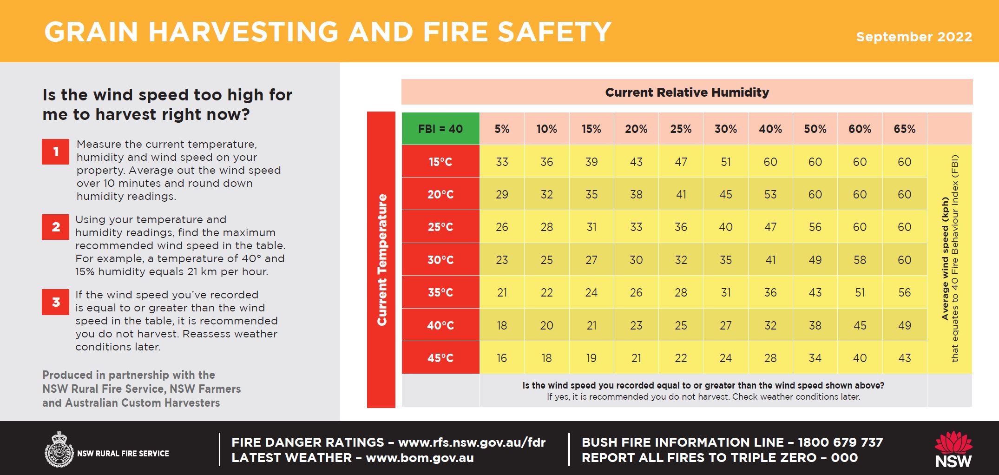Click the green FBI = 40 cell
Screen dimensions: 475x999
(x=440, y=129)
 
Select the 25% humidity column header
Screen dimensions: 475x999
(x=681, y=129)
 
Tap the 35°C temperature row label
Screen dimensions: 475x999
(x=440, y=292)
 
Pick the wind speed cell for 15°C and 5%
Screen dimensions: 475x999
(x=502, y=162)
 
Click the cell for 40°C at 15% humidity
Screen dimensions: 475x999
(x=591, y=325)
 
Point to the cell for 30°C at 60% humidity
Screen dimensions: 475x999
(x=860, y=260)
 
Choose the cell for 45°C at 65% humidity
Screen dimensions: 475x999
(x=904, y=358)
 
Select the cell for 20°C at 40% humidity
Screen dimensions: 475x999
(x=770, y=194)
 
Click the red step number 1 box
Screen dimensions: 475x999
(x=55, y=152)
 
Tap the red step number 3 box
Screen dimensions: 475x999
(x=55, y=302)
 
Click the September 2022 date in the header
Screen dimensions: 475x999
(x=914, y=37)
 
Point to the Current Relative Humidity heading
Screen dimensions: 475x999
(x=687, y=92)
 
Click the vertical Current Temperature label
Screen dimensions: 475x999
(x=381, y=259)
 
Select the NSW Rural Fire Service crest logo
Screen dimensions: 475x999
(x=59, y=449)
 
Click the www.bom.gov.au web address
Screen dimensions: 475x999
(x=420, y=458)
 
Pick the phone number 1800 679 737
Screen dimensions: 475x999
(x=840, y=442)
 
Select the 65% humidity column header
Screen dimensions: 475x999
(x=904, y=129)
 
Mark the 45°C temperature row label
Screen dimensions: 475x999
(x=440, y=358)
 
